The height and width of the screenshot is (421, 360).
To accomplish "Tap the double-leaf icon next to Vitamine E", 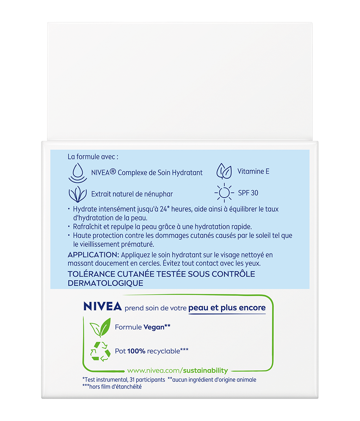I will [x=224, y=171].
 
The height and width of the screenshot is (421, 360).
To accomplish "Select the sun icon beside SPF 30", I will [x=224, y=193].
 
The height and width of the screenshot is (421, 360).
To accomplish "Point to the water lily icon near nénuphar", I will [x=77, y=194].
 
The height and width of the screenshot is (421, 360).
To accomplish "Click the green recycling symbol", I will [x=100, y=351].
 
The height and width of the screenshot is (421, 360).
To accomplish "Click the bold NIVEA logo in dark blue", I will [x=103, y=307].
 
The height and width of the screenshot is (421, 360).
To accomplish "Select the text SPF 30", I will [x=248, y=193].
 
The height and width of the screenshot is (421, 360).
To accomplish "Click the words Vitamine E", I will [x=253, y=172].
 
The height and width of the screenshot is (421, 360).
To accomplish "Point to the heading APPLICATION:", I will [x=93, y=255].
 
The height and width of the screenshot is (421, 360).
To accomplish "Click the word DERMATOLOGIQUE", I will [x=106, y=283].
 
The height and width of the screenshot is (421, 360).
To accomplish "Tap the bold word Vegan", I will [x=154, y=327].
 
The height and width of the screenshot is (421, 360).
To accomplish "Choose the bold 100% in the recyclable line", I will [x=136, y=351].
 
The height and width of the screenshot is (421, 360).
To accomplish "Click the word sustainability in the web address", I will [x=206, y=371].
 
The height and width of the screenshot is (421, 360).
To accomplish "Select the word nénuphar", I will [x=159, y=194].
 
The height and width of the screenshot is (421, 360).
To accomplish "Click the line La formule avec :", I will [x=93, y=157].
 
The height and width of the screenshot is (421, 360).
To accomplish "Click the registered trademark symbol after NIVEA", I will [x=113, y=172].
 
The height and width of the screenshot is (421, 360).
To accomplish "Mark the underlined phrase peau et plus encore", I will [x=227, y=308].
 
